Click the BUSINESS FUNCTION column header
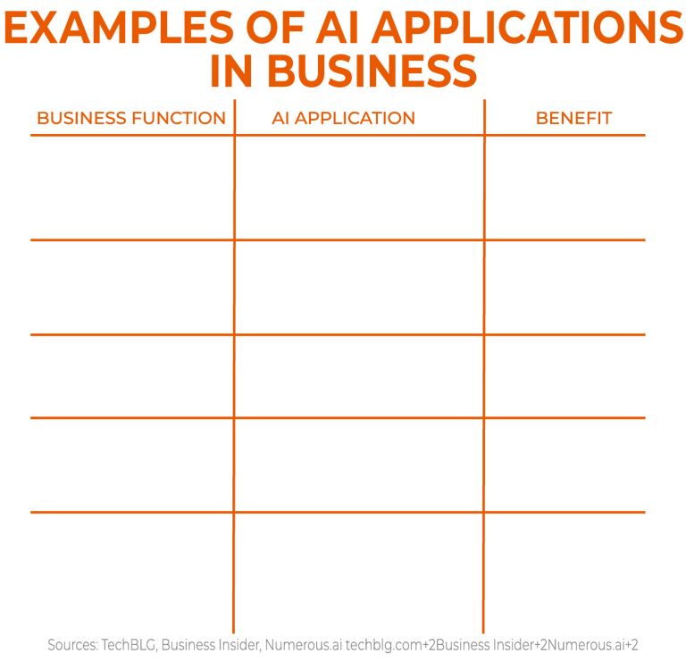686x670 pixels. pos(130,118)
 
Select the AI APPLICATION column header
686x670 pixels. pos(344,118)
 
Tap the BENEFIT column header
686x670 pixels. pos(573,118)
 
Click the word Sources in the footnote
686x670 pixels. pos(74,644)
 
